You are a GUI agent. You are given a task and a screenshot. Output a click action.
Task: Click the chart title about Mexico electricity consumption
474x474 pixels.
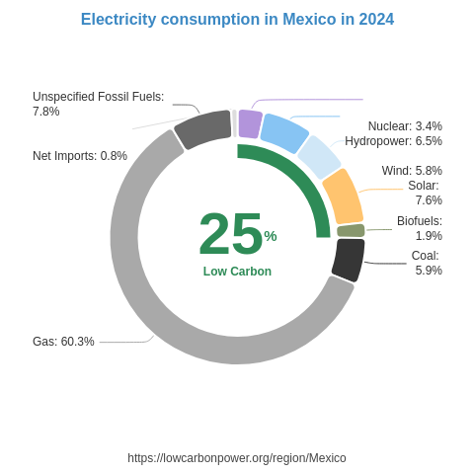click(237, 20)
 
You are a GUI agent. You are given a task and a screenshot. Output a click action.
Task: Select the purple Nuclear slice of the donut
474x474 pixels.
click(250, 124)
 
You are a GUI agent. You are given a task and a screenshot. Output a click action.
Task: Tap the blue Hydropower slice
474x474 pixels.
click(284, 133)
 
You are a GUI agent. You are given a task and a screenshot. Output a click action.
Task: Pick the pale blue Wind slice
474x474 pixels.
click(318, 157)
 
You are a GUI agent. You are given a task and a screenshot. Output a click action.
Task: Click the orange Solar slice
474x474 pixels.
click(343, 196)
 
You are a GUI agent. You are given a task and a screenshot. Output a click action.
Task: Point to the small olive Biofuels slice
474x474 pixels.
click(351, 231)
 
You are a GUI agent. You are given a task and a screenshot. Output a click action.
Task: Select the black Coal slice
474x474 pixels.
click(348, 259)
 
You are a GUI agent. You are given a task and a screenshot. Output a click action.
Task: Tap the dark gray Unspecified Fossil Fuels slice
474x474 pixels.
click(202, 129)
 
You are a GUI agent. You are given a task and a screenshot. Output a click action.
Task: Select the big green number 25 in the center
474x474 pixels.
click(230, 234)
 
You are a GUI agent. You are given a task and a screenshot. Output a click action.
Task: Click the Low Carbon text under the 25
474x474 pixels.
click(237, 272)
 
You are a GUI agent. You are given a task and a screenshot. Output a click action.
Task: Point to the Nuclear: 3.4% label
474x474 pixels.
click(405, 126)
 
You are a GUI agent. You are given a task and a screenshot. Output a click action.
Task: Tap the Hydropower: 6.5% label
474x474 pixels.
click(393, 141)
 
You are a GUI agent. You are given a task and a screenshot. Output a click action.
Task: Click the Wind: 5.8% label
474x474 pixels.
click(412, 171)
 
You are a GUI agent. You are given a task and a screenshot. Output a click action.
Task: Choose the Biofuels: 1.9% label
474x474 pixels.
click(419, 228)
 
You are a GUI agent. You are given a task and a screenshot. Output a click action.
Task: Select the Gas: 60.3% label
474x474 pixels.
click(63, 342)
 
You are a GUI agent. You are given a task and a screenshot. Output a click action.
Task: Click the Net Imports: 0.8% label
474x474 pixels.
click(80, 156)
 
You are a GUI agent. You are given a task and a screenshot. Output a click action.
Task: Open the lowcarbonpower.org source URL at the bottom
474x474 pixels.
click(237, 458)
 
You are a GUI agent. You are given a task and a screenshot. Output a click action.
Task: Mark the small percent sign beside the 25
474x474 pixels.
click(271, 236)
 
